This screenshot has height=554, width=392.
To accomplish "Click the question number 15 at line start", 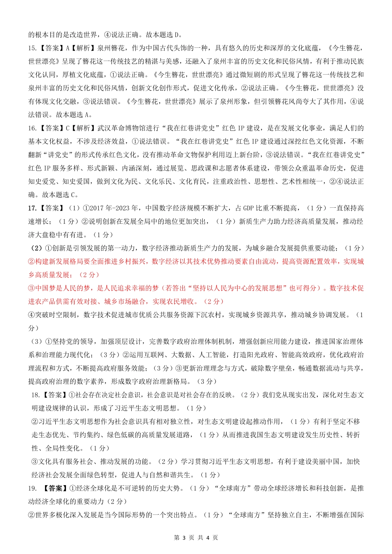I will coord(32,48).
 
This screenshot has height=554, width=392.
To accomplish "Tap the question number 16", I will coord(32,128).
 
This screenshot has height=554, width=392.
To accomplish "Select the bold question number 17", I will coord(32,208).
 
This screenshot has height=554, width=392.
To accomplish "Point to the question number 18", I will coord(35,395).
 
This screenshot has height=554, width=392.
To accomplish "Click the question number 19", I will coord(32,488).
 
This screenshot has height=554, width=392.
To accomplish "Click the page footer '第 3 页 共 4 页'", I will coord(196,538).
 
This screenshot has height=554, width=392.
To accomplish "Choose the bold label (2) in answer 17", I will coord(36,248).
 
